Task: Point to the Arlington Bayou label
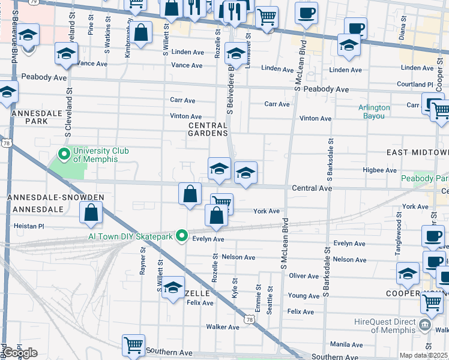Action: click(374, 112)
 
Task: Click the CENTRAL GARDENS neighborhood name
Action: click(208, 129)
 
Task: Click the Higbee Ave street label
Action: click(379, 170)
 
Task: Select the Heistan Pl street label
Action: click(29, 227)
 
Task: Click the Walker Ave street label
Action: click(223, 327)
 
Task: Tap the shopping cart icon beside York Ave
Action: click(221, 203)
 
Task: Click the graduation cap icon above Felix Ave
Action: click(173, 288)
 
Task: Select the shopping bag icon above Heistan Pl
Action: click(91, 212)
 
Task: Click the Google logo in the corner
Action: click(20, 353)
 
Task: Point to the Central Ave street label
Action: click(312, 188)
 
